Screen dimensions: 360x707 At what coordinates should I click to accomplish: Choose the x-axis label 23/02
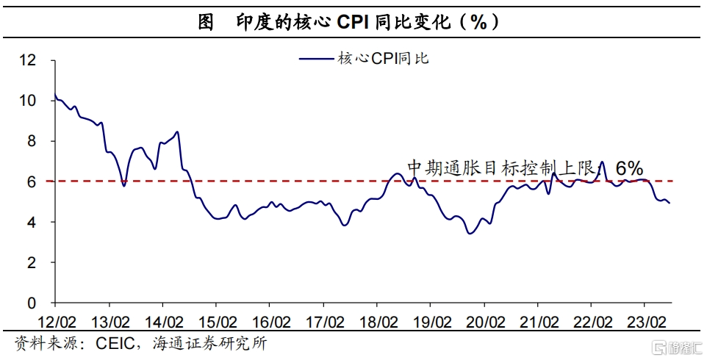tap(646, 322)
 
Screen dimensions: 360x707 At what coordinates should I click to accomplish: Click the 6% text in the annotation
tap(630, 169)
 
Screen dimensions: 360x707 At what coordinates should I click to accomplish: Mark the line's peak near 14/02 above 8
tap(177, 132)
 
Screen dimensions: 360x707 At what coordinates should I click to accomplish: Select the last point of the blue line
tap(670, 204)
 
